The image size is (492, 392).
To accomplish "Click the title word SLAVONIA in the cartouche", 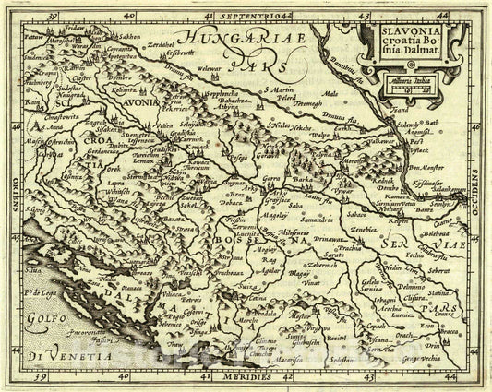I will (x=400, y=32).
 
